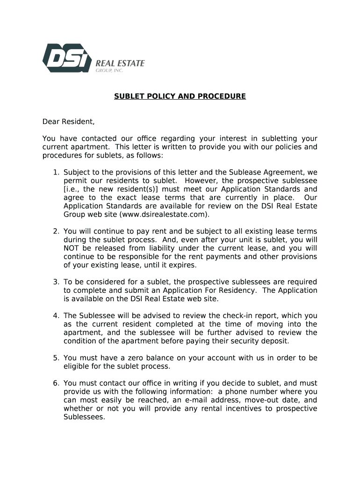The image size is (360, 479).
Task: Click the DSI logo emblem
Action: [66, 58]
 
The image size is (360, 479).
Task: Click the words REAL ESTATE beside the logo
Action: [120, 63]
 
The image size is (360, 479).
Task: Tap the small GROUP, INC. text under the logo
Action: [109, 71]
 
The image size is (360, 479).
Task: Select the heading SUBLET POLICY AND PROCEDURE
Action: [180, 96]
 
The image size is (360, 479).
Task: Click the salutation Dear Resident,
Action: [69, 122]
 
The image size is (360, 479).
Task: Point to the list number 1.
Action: [55, 173]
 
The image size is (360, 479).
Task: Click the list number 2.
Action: [55, 232]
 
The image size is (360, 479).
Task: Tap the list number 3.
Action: [55, 282]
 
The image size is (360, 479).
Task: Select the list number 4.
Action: [55, 316]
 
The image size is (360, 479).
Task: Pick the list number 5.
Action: [55, 358]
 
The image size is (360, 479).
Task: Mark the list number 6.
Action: [55, 383]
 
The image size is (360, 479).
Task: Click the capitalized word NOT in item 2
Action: [71, 248]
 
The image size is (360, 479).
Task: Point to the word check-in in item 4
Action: [226, 316]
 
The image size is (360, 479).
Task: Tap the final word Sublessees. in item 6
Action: [84, 417]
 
